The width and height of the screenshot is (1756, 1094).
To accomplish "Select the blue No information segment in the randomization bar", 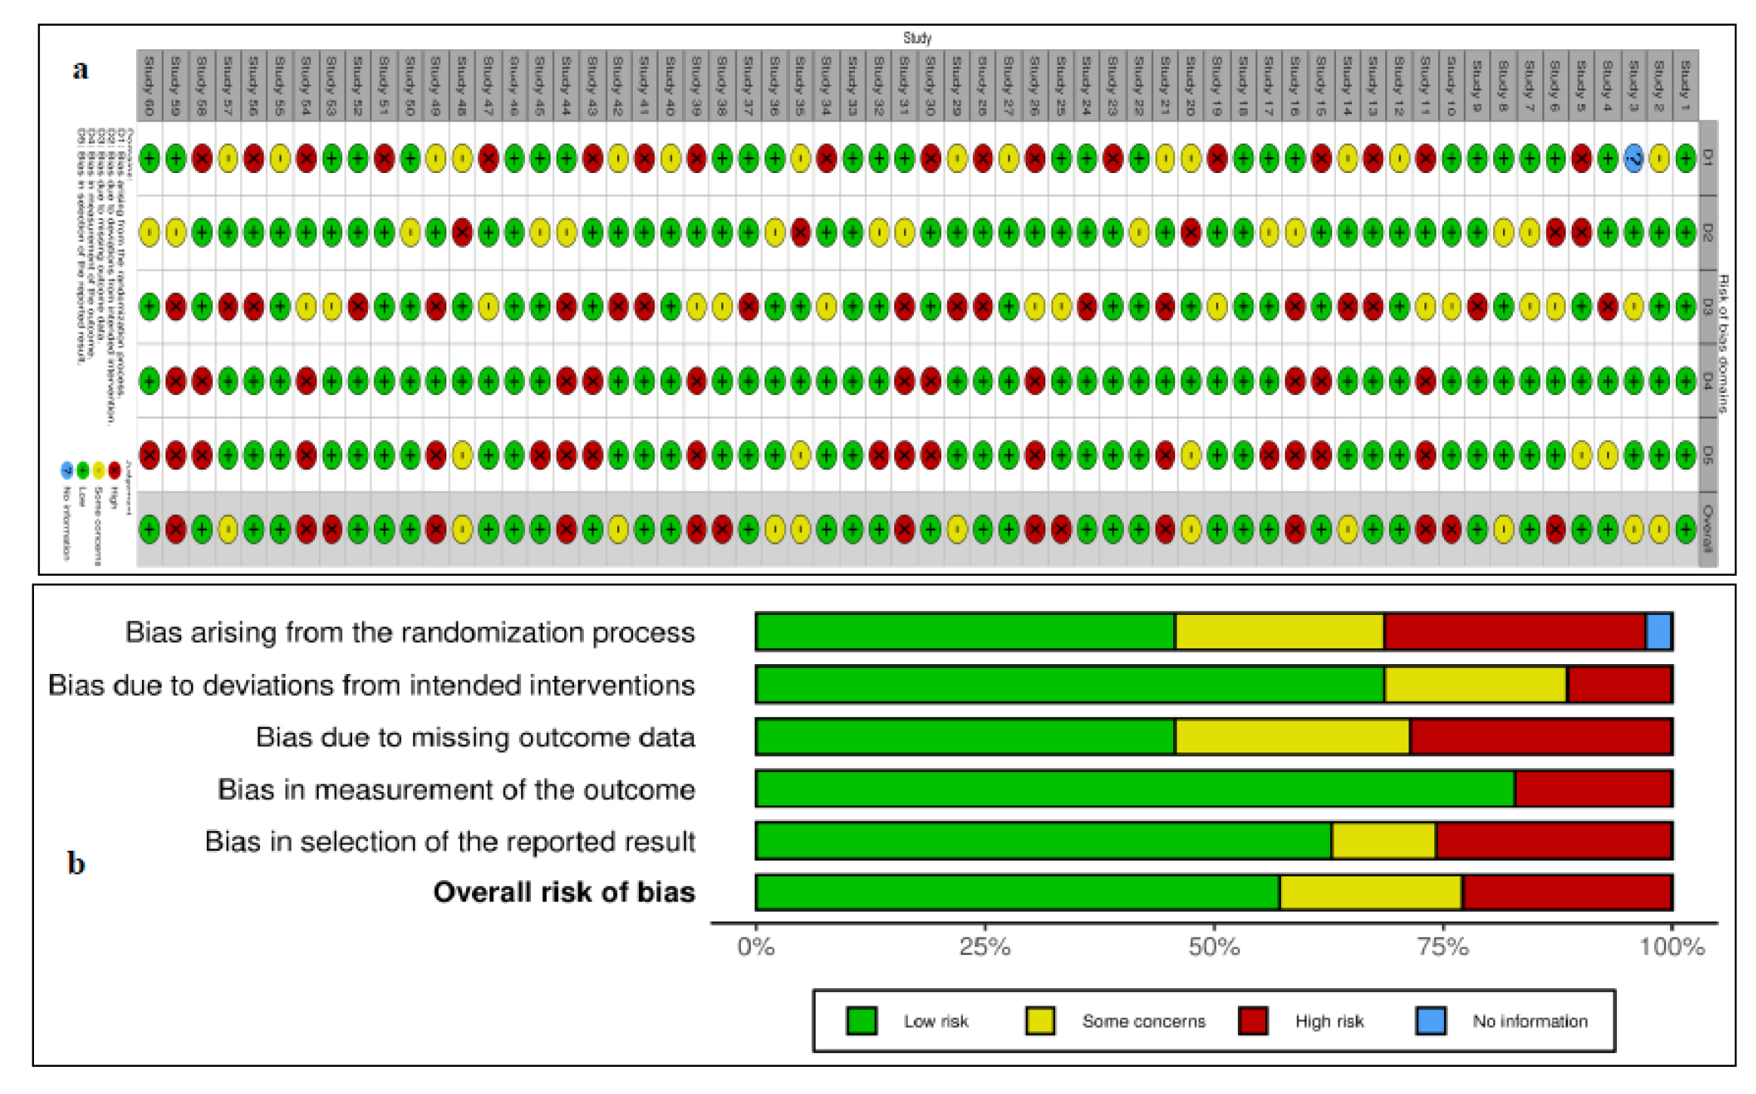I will (1659, 632).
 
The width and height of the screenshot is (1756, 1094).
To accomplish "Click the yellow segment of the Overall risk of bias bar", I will (1370, 892).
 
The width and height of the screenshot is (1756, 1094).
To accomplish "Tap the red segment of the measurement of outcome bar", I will (1593, 789).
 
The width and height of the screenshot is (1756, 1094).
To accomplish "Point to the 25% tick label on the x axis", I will (984, 947).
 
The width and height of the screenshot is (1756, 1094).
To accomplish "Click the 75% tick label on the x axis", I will (1443, 947).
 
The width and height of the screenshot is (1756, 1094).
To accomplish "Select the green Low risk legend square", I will (861, 1021).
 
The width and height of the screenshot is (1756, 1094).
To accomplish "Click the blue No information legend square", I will (1430, 1021).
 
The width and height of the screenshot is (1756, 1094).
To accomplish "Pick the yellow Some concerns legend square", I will (1039, 1021).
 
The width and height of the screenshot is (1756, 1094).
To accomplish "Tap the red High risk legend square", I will (1253, 1021).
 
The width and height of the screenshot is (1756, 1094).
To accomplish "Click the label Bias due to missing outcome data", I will (475, 737).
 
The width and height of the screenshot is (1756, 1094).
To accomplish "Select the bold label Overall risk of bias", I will (563, 892).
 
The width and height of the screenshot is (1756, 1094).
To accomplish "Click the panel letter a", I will (80, 70).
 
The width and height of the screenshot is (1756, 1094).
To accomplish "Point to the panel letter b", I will (76, 863).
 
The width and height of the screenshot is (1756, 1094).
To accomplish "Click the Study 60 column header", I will (149, 85).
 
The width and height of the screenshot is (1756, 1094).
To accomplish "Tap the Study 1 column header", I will (1685, 85).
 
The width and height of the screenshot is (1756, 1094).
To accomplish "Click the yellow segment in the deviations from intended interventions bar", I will (1475, 685).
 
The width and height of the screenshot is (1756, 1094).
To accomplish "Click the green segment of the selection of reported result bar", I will (1043, 841).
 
